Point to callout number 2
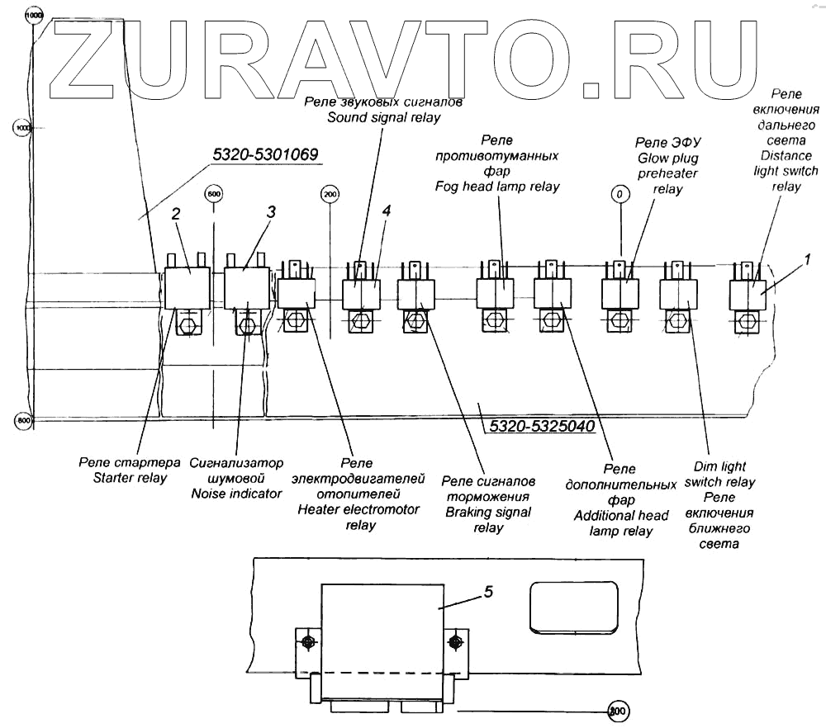point(175,214)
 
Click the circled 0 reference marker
point(619,194)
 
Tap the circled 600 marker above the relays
point(214,194)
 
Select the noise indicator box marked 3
point(247,288)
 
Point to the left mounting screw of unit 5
point(308,641)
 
